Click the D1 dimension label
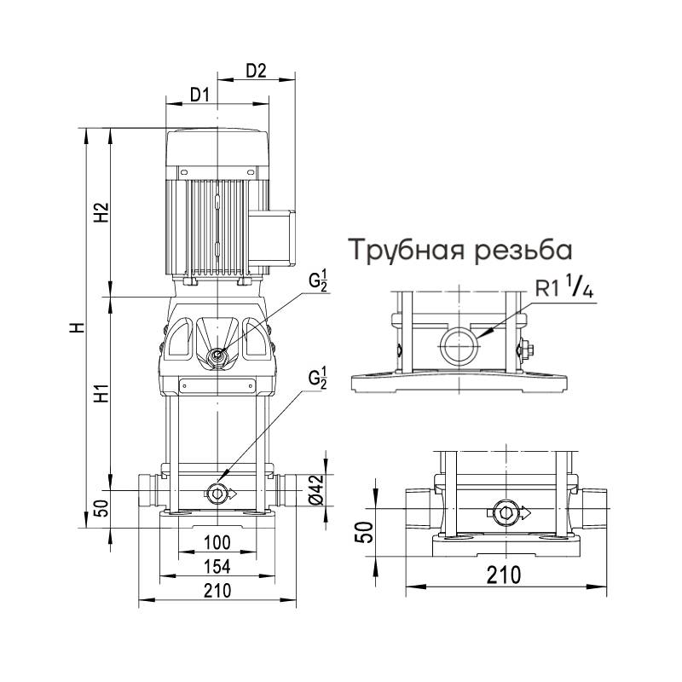(199, 95)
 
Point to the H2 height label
(101, 212)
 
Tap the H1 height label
(101, 395)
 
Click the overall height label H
(77, 327)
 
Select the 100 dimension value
(218, 543)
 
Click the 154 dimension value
(218, 567)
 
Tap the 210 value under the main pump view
(218, 591)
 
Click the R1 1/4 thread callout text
(564, 289)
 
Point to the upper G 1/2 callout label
(318, 280)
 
